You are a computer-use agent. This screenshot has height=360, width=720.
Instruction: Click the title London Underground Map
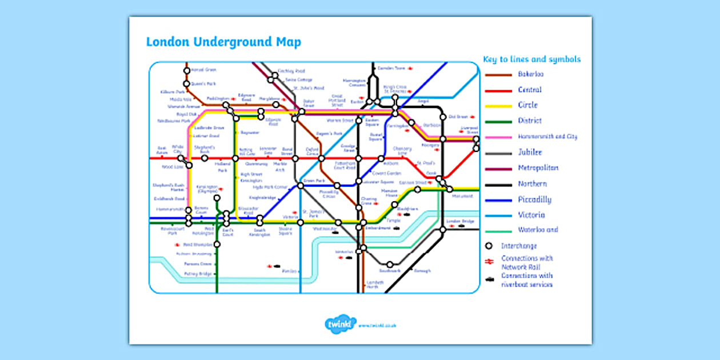[223, 42]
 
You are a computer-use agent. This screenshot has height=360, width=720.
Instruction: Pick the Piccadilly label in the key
[534, 200]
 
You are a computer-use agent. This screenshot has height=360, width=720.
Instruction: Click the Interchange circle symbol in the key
[489, 246]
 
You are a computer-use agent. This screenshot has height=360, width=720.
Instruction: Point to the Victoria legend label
[531, 215]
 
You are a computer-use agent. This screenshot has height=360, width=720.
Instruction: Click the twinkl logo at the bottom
[341, 323]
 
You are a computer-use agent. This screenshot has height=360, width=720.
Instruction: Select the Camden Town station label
[391, 68]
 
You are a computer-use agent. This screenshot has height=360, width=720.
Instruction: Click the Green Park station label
[313, 181]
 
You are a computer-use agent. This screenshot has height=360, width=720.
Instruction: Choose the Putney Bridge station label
[198, 274]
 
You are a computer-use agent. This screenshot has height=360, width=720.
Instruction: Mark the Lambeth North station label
[374, 284]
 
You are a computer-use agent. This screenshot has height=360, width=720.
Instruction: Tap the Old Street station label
[458, 117]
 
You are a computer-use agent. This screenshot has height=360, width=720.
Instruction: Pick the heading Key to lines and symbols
[531, 59]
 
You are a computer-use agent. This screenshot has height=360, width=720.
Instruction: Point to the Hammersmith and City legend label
[547, 137]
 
